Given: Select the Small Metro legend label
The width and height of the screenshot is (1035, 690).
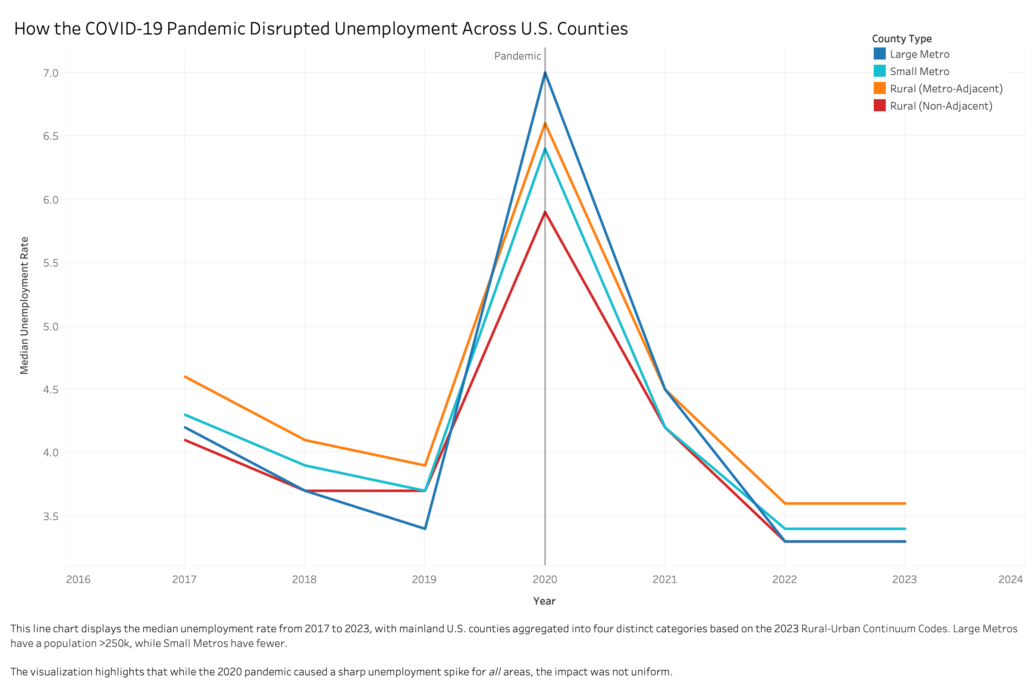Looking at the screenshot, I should point(919,71).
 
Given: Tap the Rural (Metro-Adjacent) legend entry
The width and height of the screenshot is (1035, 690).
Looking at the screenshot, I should point(946,88).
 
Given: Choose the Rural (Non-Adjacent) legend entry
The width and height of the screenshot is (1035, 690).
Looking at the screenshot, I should point(941,106).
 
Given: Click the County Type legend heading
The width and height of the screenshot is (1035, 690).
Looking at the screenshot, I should point(902,39).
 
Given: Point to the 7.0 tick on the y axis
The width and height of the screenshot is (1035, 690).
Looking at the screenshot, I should point(51,73).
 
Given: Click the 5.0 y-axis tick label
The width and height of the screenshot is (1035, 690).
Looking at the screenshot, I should point(51,326).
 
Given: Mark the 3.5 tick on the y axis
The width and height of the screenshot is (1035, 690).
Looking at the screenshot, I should point(51,516).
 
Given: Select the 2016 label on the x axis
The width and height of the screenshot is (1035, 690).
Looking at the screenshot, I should point(78,580).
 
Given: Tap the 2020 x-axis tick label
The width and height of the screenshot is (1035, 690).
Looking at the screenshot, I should point(545,580).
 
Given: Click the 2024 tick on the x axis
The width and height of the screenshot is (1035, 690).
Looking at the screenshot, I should point(1010,580).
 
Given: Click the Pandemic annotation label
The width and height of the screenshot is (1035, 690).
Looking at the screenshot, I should point(517,56).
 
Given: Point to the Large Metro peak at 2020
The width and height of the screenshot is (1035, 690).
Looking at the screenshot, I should point(545,72).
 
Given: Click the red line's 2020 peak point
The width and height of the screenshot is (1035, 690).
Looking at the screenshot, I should point(545,212).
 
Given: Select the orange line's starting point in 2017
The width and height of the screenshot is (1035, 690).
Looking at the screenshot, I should point(185,376).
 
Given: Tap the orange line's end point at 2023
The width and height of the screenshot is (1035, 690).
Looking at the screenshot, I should point(905,503).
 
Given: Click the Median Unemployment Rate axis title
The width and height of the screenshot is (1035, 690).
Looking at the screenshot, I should point(25,305).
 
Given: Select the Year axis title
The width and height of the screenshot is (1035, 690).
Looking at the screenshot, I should point(544,601).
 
